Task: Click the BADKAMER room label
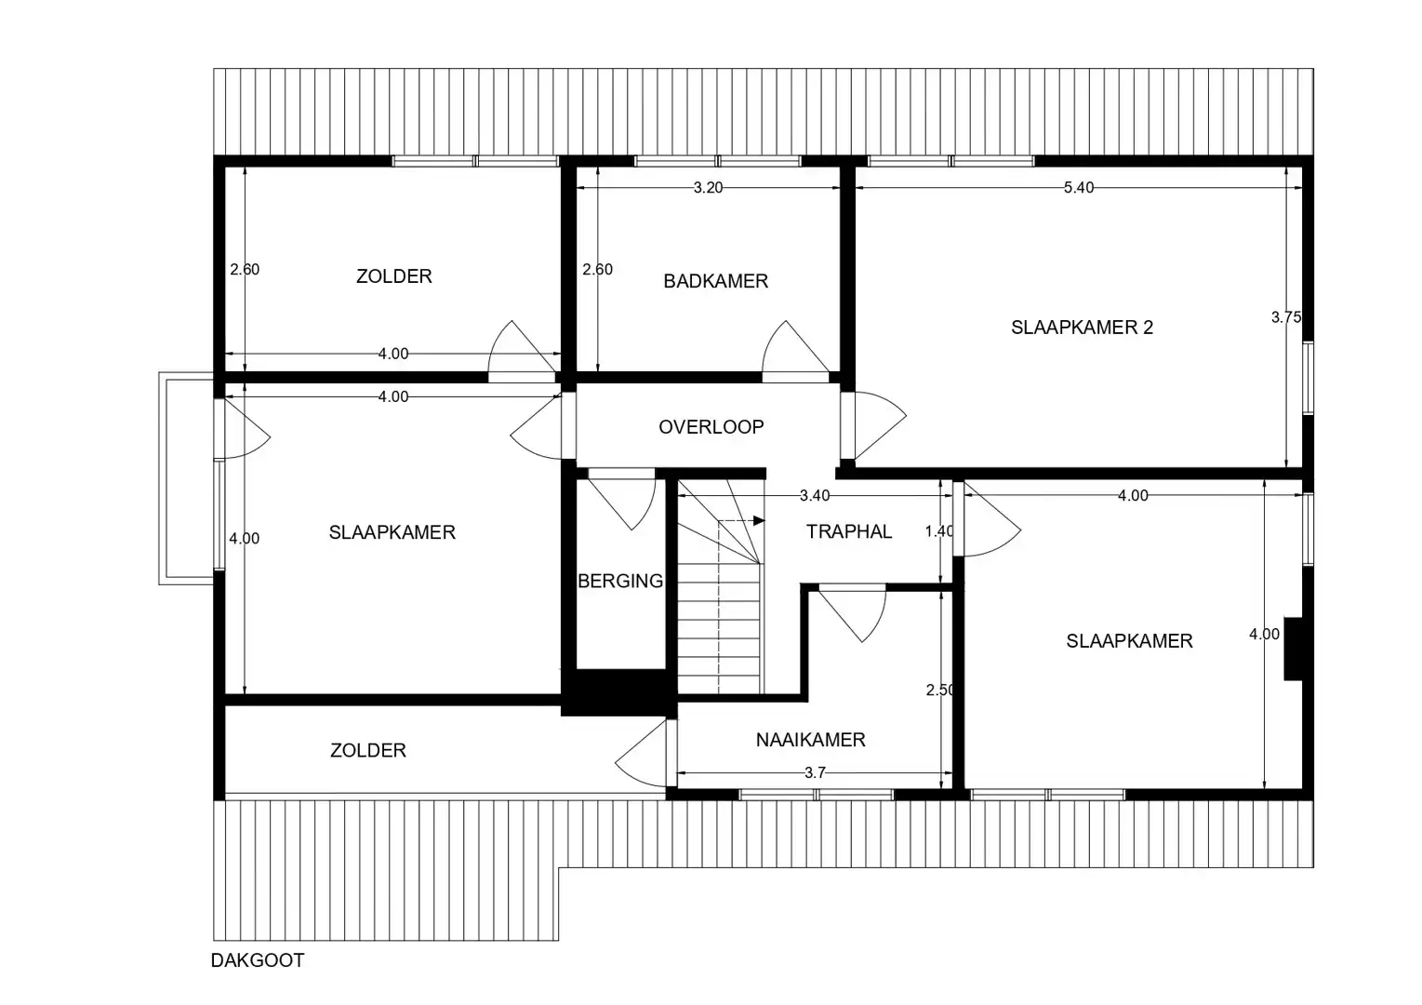pyautogui.click(x=715, y=281)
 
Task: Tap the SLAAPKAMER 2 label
pyautogui.click(x=1082, y=328)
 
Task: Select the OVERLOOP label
pyautogui.click(x=711, y=427)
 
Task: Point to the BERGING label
pyautogui.click(x=620, y=582)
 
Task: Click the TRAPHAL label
pyautogui.click(x=848, y=531)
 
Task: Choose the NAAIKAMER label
pyautogui.click(x=810, y=740)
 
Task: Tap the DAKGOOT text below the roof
pyautogui.click(x=258, y=960)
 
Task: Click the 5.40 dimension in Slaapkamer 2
pyautogui.click(x=1079, y=188)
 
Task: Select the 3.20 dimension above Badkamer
pyautogui.click(x=708, y=188)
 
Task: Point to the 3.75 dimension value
pyautogui.click(x=1286, y=317)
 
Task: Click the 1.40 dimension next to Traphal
pyautogui.click(x=939, y=531)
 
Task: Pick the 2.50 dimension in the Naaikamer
pyautogui.click(x=939, y=690)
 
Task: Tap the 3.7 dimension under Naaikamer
pyautogui.click(x=815, y=772)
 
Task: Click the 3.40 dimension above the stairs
pyautogui.click(x=815, y=496)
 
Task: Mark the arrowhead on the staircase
pyautogui.click(x=759, y=520)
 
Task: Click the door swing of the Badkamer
pyautogui.click(x=791, y=349)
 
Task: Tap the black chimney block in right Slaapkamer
pyautogui.click(x=1293, y=649)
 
